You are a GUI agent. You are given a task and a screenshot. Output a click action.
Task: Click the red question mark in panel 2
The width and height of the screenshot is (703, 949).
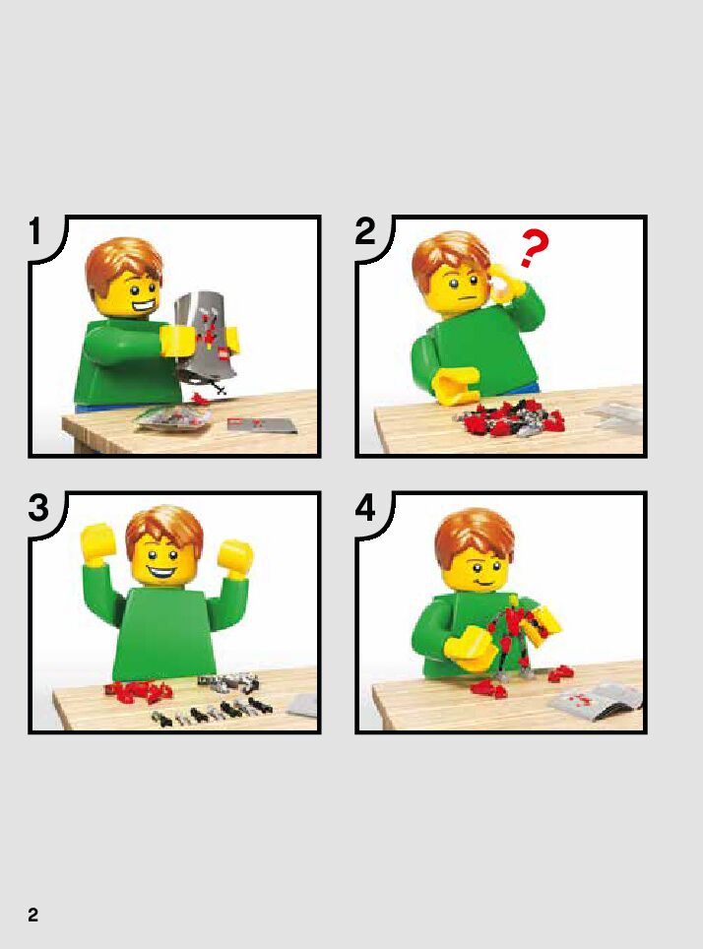(534, 248)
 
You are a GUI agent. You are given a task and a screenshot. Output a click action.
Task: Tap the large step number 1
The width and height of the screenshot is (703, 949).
(35, 231)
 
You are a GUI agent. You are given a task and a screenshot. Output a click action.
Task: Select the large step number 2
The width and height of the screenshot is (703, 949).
(365, 231)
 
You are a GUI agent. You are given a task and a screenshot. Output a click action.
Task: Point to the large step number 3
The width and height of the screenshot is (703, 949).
(38, 508)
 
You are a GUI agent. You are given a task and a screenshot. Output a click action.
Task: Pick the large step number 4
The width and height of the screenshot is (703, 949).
(365, 508)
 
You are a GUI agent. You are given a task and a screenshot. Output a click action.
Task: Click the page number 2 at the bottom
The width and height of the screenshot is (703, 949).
(32, 914)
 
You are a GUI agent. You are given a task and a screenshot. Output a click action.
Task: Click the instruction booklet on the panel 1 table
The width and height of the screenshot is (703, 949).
(262, 425)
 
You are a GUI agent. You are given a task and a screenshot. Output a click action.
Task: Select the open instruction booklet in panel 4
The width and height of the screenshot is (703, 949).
(596, 700)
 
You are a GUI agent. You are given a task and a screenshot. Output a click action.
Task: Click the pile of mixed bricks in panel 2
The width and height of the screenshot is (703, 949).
(509, 415)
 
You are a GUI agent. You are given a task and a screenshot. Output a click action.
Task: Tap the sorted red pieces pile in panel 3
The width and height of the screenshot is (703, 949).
(139, 689)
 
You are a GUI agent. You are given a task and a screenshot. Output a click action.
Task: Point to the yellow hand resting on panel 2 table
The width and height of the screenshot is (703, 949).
(455, 386)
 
